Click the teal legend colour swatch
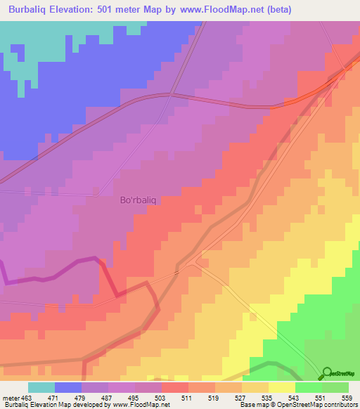tap(41, 387)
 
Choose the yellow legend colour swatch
tap(282, 387)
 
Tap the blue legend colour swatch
tap(68, 387)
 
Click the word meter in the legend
tap(9, 398)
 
